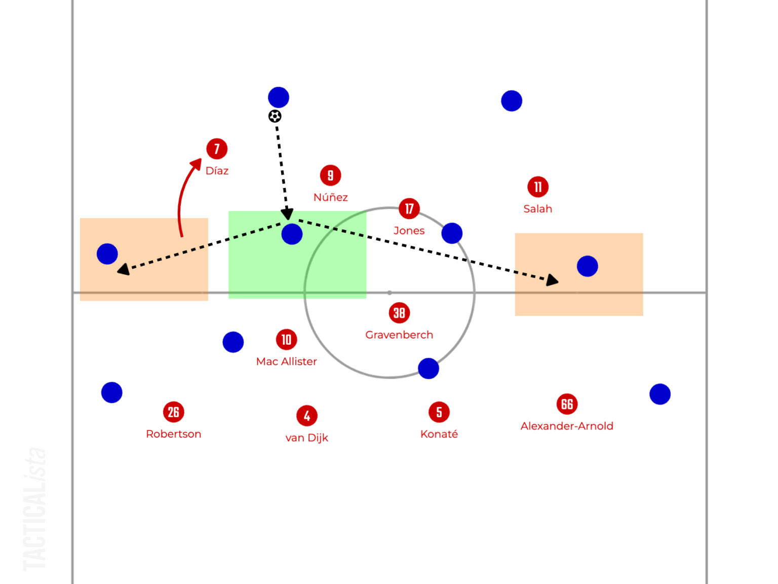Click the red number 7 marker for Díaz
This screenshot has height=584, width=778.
(x=217, y=149)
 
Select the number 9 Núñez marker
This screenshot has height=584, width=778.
(x=330, y=175)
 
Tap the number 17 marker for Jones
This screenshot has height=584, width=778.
(x=409, y=208)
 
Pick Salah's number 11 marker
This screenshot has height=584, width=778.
(x=538, y=187)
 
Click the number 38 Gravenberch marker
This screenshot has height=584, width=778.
(x=399, y=313)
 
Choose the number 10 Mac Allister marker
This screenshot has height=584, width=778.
(x=286, y=340)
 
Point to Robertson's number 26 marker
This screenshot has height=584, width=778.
(x=173, y=412)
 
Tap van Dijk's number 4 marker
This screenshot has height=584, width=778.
(x=307, y=416)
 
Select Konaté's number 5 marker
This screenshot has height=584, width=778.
(x=439, y=412)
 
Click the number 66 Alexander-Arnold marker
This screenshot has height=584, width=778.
(x=567, y=404)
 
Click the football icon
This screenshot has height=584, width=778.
(x=275, y=116)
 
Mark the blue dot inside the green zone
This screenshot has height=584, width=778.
(x=292, y=234)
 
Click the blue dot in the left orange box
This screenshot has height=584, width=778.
(x=107, y=253)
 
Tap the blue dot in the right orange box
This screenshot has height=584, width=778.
(x=588, y=266)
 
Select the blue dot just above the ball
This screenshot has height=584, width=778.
(x=279, y=97)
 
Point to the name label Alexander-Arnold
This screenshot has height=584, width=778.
(x=567, y=426)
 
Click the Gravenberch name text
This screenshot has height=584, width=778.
(x=399, y=335)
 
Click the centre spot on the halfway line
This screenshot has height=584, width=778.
(x=389, y=293)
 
